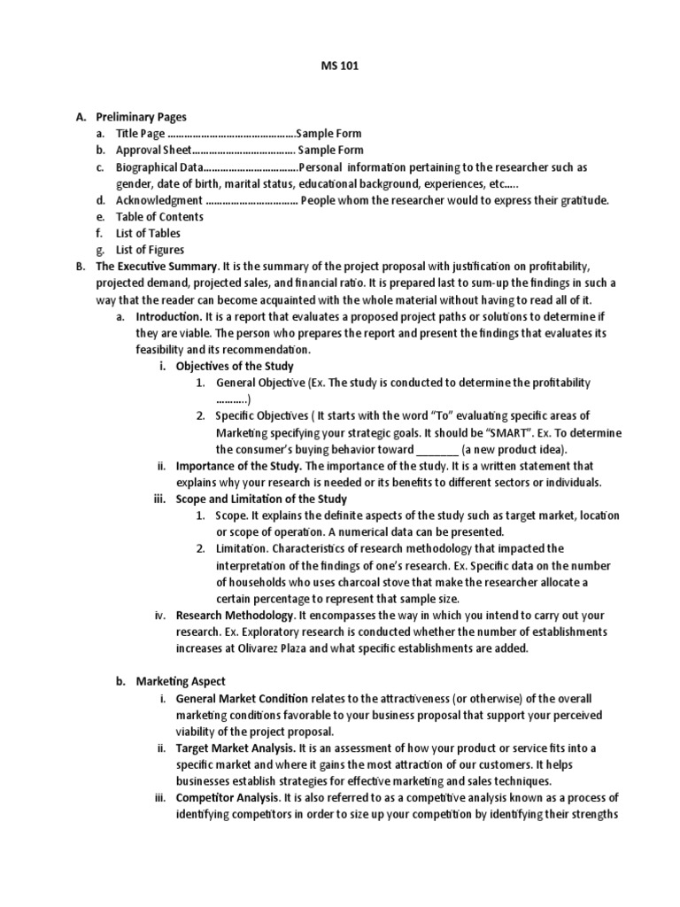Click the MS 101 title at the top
click(x=340, y=65)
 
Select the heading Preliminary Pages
click(x=141, y=116)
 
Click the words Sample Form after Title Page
click(x=329, y=133)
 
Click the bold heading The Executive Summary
click(x=157, y=266)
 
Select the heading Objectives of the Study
click(x=235, y=366)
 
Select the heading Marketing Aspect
click(x=181, y=681)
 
